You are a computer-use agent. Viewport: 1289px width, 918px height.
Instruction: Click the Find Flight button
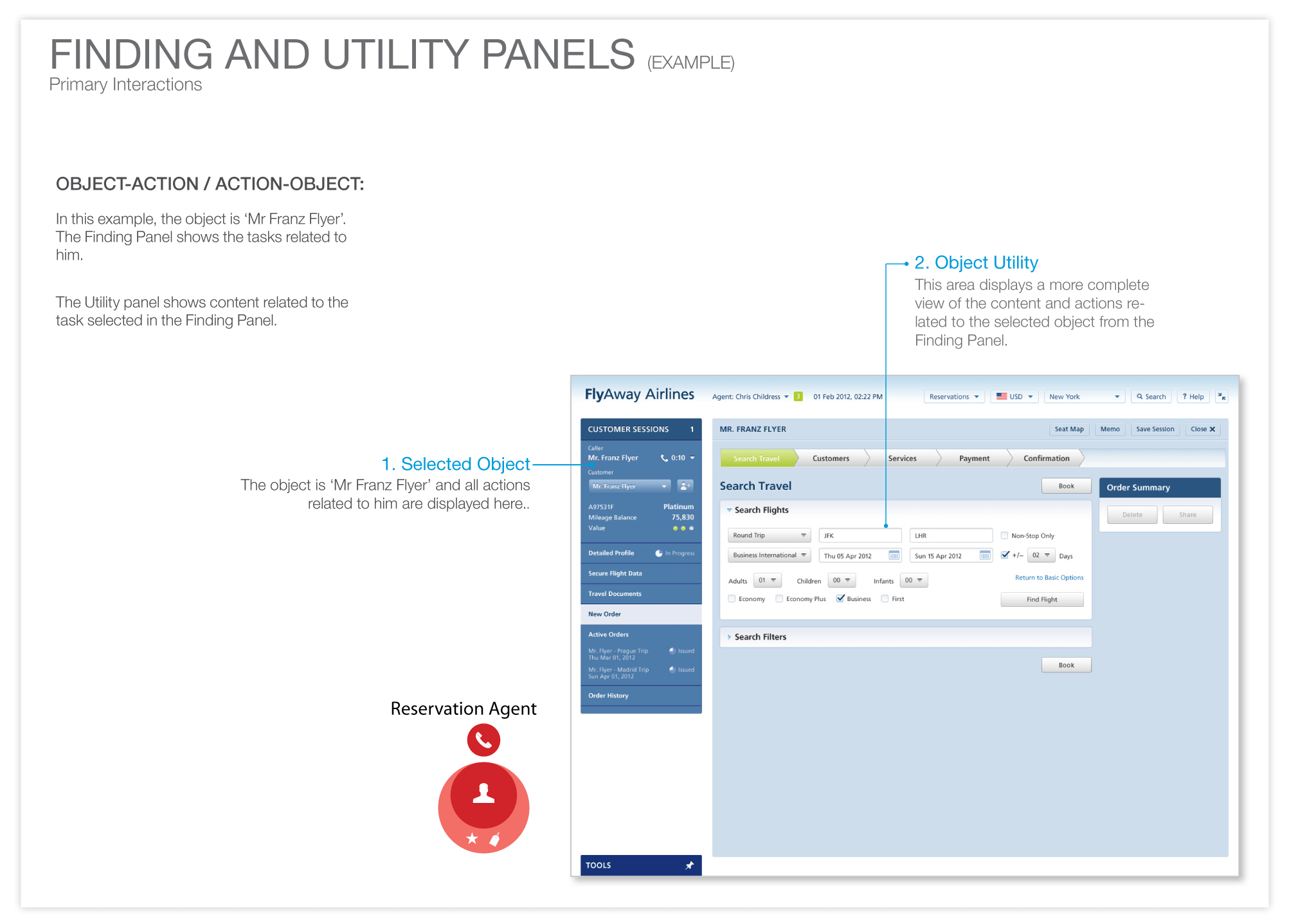(1041, 599)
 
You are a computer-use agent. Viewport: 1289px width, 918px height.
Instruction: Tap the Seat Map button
(1068, 429)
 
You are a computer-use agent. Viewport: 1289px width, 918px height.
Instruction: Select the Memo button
(1110, 429)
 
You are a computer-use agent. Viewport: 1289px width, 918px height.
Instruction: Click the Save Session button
(1155, 429)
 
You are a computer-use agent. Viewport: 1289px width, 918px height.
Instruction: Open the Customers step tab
(831, 458)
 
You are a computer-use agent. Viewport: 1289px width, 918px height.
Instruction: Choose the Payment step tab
(974, 458)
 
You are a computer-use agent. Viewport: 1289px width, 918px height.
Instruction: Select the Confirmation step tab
(1046, 458)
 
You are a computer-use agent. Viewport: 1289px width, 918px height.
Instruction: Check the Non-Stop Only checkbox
(1004, 535)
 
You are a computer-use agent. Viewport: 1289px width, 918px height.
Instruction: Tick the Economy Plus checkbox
(779, 598)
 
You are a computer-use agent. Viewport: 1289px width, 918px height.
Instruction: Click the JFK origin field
(860, 535)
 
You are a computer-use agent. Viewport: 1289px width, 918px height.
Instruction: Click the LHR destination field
(951, 535)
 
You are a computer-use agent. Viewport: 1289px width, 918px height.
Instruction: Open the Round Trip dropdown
(769, 535)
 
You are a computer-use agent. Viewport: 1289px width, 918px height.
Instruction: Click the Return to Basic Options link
(1049, 577)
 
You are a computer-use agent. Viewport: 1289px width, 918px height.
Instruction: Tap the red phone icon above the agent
(483, 740)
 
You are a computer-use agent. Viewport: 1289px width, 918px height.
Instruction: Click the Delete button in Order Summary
(1132, 514)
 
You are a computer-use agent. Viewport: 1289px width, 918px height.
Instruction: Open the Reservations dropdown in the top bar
(953, 397)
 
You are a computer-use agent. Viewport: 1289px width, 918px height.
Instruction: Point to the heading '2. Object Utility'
(976, 262)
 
